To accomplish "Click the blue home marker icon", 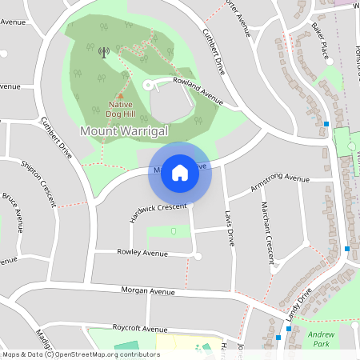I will tap(180, 173).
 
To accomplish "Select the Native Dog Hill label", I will tap(120, 108).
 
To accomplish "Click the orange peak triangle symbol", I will tap(120, 95).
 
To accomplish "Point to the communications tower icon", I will tap(102, 53).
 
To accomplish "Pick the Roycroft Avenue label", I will tap(139, 329).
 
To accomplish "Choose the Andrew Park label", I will tap(321, 338).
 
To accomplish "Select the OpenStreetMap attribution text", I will tap(80, 354).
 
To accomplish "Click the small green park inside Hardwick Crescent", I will tap(174, 232).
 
